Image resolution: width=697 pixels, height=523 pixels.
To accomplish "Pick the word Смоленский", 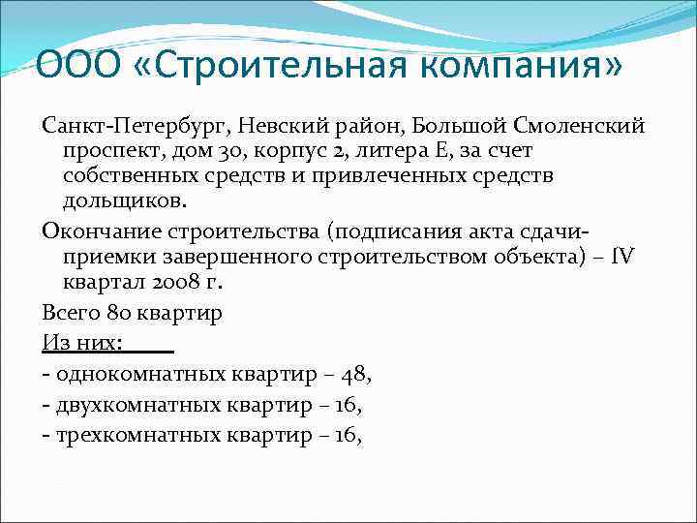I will click(574, 128).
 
